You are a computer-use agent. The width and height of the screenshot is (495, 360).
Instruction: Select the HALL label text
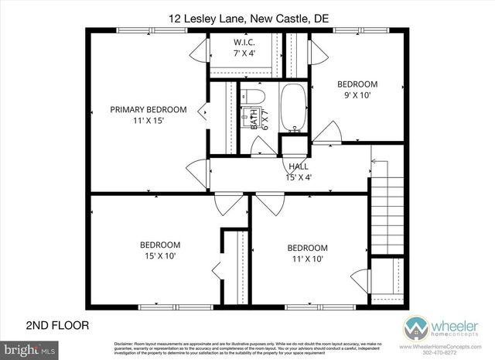coord(299,166)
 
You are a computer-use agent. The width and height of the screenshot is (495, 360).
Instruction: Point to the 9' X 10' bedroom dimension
coord(357,95)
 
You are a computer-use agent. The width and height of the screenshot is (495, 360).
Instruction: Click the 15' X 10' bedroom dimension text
coord(161,255)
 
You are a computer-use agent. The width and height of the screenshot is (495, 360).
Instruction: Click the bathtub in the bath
coord(293,108)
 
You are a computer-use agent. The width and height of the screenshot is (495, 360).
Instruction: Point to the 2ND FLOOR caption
coord(57,325)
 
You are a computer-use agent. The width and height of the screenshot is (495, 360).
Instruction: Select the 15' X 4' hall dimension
coord(299,177)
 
